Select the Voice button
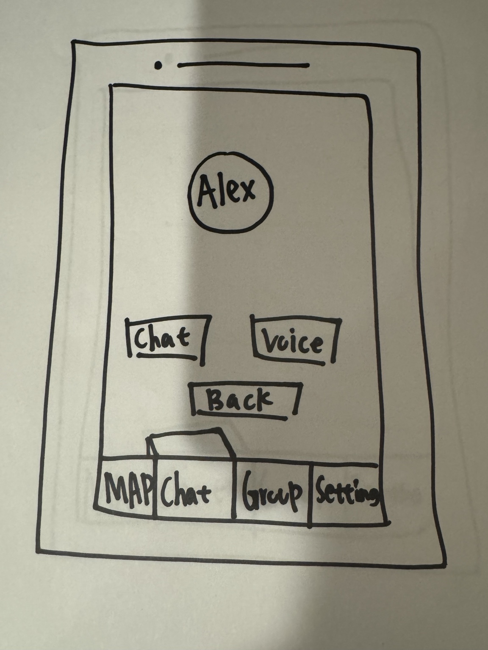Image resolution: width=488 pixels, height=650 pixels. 295,342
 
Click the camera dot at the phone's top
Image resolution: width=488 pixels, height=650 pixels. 158,65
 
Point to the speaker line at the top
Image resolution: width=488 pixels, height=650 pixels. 244,65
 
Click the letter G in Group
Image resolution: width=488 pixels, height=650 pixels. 250,492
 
